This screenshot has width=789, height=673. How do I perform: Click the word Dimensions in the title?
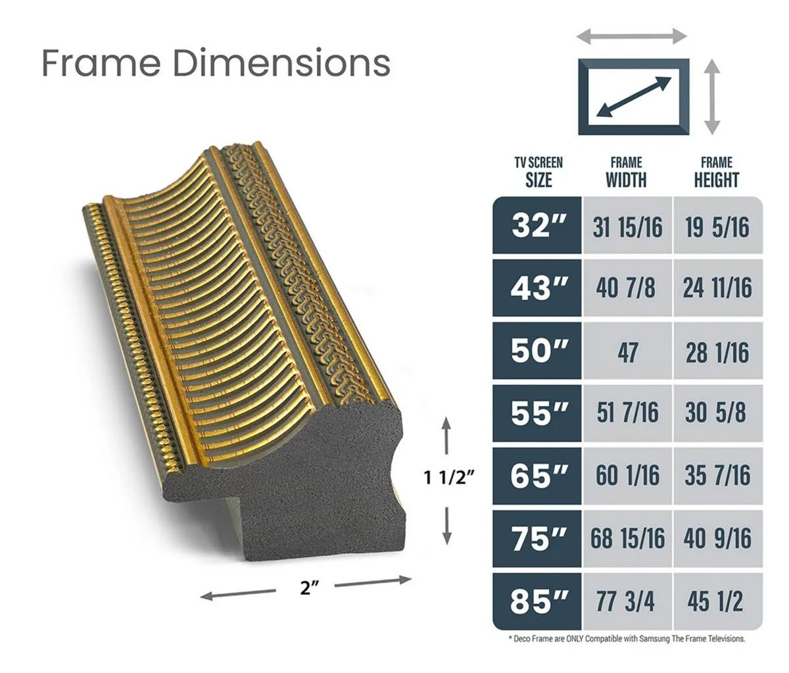pyautogui.click(x=281, y=62)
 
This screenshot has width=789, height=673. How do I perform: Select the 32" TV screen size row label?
pyautogui.click(x=537, y=226)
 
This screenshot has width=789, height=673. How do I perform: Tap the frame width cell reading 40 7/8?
pyautogui.click(x=627, y=288)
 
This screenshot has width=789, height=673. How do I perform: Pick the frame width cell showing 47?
pyautogui.click(x=627, y=351)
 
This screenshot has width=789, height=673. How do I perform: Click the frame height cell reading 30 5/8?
pyautogui.click(x=718, y=414)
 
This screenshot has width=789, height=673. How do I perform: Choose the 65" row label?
pyautogui.click(x=537, y=476)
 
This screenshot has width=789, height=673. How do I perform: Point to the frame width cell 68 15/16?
pyautogui.click(x=627, y=539)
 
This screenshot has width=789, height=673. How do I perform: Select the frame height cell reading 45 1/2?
pyautogui.click(x=718, y=601)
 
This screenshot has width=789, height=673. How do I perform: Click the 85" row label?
pyautogui.click(x=537, y=601)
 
